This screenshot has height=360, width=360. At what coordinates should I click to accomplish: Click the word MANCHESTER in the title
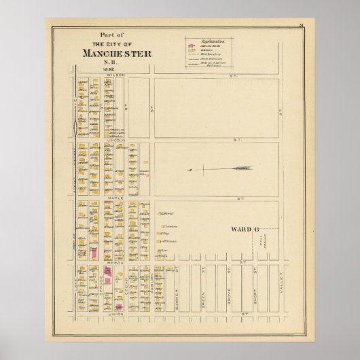pyautogui.click(x=117, y=53)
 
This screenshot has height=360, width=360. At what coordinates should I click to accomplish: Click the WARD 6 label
pyautogui.click(x=245, y=229)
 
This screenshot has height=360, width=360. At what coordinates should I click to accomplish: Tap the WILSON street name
pyautogui.click(x=116, y=73)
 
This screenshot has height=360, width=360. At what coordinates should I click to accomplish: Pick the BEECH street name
pyautogui.click(x=117, y=261)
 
